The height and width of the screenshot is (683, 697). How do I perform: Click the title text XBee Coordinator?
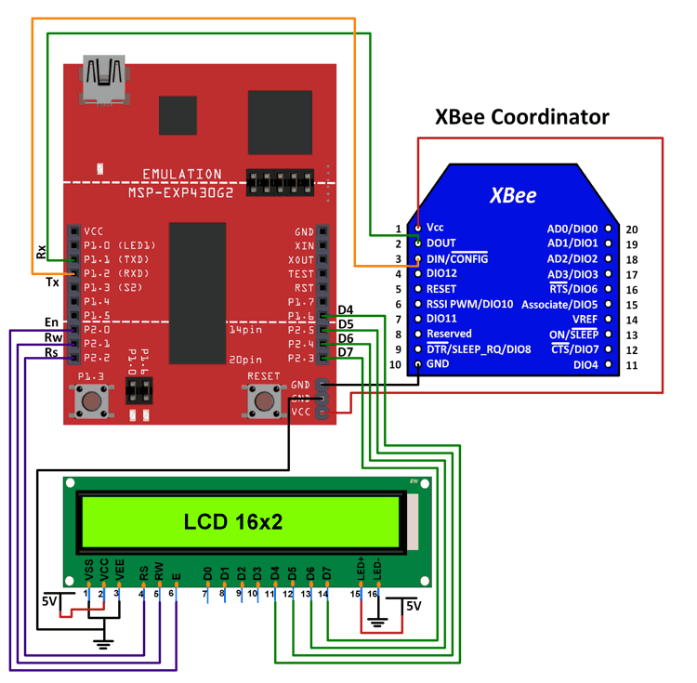point(522,116)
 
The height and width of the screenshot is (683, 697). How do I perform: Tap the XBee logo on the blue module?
point(513,196)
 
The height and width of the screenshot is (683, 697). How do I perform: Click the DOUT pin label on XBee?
point(441,243)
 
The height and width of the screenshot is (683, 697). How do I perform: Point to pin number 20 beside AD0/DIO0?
point(632,229)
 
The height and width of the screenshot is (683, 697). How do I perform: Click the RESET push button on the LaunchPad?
point(264,401)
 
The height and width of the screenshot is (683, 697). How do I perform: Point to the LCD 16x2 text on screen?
point(232,522)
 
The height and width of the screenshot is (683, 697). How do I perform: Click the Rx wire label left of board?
point(41,252)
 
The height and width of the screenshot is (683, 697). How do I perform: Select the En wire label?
point(51,322)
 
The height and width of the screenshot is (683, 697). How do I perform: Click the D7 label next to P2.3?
point(346,352)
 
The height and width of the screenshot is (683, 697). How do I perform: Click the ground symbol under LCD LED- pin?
point(376,622)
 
